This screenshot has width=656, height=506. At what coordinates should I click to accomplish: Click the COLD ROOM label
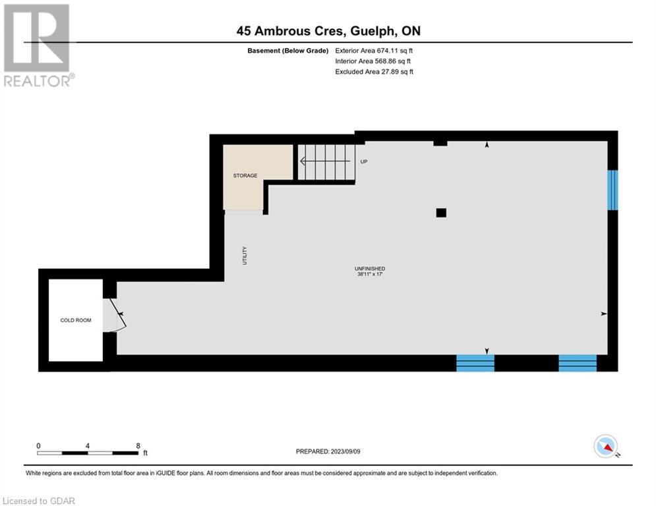pyautogui.click(x=76, y=320)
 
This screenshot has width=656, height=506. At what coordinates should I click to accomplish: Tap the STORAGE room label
pyautogui.click(x=245, y=176)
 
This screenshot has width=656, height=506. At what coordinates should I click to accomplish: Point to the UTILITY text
pyautogui.click(x=245, y=256)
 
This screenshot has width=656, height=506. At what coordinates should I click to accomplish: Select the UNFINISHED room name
pyautogui.click(x=370, y=268)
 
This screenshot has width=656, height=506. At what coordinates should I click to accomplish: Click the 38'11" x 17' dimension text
pyautogui.click(x=370, y=274)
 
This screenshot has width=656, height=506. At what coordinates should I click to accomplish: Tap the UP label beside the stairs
pyautogui.click(x=364, y=161)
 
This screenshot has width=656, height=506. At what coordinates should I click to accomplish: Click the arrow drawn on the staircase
pyautogui.click(x=325, y=161)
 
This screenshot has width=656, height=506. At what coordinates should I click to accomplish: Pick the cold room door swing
pyautogui.click(x=118, y=314)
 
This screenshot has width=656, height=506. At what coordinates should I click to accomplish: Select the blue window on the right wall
pyautogui.click(x=612, y=190)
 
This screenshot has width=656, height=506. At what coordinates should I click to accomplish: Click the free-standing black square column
pyautogui.click(x=441, y=213)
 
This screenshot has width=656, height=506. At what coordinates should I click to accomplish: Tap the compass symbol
pyautogui.click(x=606, y=446)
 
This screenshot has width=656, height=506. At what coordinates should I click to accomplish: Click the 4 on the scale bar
pyautogui.click(x=88, y=446)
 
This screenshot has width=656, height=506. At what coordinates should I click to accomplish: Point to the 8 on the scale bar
pyautogui.click(x=138, y=446)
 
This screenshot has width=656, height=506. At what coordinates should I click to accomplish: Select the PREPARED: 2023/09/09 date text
pyautogui.click(x=328, y=451)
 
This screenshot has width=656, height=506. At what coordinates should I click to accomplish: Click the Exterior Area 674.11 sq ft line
pyautogui.click(x=374, y=51)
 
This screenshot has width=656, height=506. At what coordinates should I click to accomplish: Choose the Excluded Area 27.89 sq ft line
pyautogui.click(x=374, y=72)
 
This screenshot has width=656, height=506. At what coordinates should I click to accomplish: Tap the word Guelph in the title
pyautogui.click(x=373, y=31)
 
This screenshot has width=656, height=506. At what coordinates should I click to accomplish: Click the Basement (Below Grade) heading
pyautogui.click(x=288, y=51)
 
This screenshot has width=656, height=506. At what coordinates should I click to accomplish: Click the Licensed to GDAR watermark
pyautogui.click(x=38, y=501)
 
